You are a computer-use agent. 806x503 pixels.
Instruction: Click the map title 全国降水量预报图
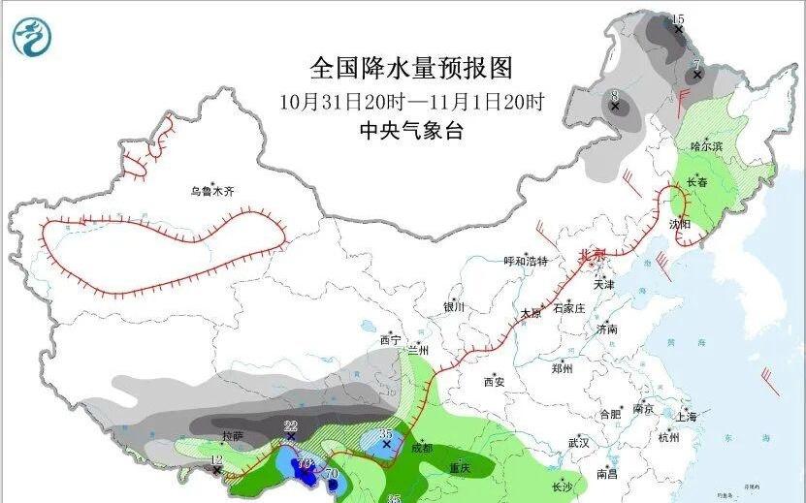410,68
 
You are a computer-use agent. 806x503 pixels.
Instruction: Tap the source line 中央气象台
410,131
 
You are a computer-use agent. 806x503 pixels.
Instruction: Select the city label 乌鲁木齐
212,192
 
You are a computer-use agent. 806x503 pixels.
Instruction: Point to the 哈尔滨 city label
707,146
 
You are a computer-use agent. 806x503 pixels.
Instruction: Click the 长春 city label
697,181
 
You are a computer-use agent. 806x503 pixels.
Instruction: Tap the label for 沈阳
680,224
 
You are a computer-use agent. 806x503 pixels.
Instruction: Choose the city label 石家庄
568,308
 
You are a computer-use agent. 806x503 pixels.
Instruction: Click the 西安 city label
494,382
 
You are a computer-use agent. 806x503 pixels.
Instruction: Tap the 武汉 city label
579,443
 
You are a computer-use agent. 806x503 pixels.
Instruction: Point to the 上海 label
686,417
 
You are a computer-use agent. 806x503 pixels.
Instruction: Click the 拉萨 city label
233,435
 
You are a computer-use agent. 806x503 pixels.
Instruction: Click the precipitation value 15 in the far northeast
678,19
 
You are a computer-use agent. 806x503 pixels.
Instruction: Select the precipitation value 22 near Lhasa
290,426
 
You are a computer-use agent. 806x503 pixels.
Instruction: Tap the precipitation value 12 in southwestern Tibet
216,459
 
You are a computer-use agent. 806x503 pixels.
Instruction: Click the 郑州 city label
562,369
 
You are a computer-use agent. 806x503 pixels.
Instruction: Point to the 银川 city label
454,307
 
